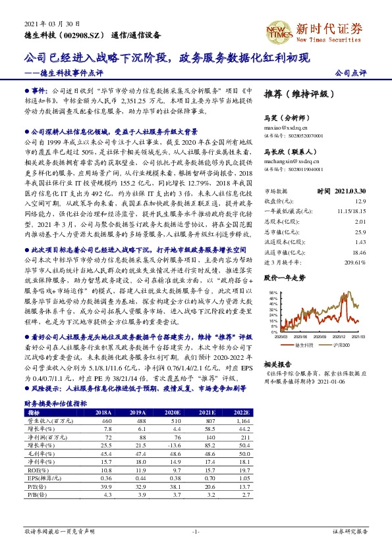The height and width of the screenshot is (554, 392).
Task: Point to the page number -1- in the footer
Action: [x=196, y=531]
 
